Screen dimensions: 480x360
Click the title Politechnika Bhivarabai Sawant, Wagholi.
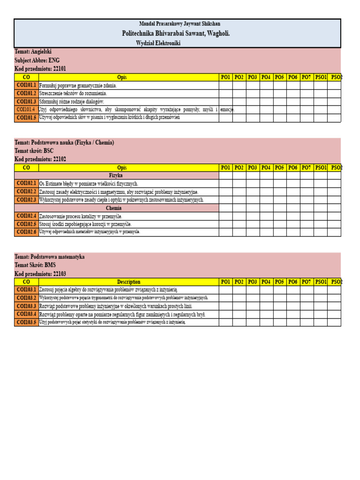coord(176,33)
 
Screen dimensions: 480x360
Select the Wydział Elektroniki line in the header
coord(158,43)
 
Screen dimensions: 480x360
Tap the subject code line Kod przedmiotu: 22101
coord(40,68)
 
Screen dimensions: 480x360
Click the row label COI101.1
coord(26,86)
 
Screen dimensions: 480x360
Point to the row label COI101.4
coord(26,110)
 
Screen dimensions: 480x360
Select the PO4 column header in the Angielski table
coord(266,77)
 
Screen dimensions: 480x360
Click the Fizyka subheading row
coord(115,175)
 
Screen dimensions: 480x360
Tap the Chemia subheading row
coord(114,208)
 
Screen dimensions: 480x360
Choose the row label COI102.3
coord(26,200)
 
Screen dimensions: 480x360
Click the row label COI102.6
coord(26,232)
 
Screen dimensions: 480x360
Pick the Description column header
coord(128,282)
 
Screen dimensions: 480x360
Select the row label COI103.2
coord(26,298)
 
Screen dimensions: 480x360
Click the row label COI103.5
coord(26,322)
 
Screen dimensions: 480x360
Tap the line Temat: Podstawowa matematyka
coord(50,257)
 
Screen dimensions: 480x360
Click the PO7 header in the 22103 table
coord(307,282)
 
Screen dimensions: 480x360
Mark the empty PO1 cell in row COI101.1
coord(225,86)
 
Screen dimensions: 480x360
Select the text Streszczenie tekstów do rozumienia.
coord(73,94)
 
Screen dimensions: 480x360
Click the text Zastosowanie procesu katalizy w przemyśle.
coord(81,216)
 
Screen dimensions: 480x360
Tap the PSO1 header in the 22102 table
coord(321,167)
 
